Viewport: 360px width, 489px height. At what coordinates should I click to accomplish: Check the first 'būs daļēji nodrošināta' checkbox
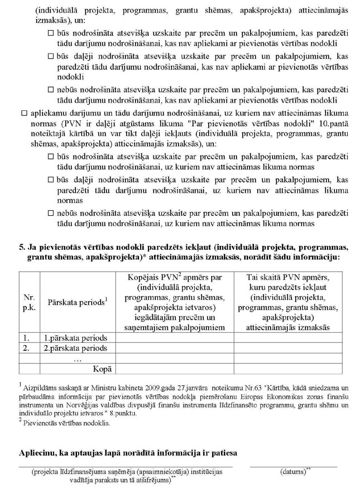[x=51, y=56]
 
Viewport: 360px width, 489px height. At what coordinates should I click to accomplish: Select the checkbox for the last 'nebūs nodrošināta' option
[x=51, y=214]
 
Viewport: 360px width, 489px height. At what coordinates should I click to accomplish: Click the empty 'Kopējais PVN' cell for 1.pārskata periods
[x=174, y=338]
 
